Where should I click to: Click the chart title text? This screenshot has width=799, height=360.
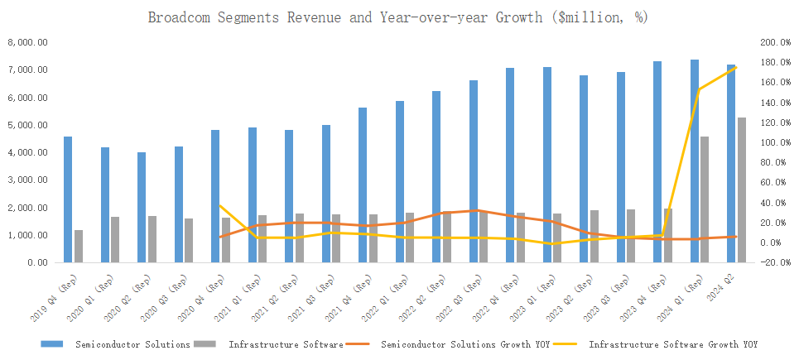pos(398,17)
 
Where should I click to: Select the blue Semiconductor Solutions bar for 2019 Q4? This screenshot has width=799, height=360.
pos(68,199)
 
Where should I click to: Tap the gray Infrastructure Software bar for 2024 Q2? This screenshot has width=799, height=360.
pos(742,190)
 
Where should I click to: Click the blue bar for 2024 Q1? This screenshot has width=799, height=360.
pos(695,161)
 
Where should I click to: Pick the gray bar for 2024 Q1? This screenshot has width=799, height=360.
pos(705,199)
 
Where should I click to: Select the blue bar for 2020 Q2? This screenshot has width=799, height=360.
pos(142,207)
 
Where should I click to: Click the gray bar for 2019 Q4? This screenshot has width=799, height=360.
pos(79,246)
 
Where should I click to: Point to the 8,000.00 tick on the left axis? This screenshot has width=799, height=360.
pos(27,42)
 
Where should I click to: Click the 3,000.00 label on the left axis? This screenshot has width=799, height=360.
pos(27,180)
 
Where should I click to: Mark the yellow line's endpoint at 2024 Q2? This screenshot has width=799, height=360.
pos(736,67)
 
